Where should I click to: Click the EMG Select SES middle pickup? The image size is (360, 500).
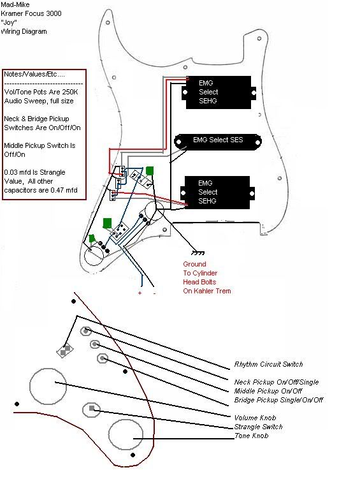click(218, 142)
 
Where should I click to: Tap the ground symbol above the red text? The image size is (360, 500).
click(198, 253)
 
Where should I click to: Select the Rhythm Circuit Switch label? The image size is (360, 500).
click(268, 364)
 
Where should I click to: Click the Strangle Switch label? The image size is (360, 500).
click(259, 427)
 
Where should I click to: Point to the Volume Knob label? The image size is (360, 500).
click(255, 418)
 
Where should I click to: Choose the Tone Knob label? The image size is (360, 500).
click(251, 436)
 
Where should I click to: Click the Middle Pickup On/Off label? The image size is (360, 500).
click(268, 391)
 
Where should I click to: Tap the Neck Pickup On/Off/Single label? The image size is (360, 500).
click(277, 382)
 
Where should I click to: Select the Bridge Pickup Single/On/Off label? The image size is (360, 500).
click(278, 400)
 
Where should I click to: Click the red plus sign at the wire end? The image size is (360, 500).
click(140, 293)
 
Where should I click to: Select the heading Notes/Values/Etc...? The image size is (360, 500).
click(34, 74)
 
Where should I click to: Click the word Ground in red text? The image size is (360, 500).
click(194, 264)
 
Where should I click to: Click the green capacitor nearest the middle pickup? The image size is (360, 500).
click(149, 171)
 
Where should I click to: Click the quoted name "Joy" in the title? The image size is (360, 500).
click(9, 22)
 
